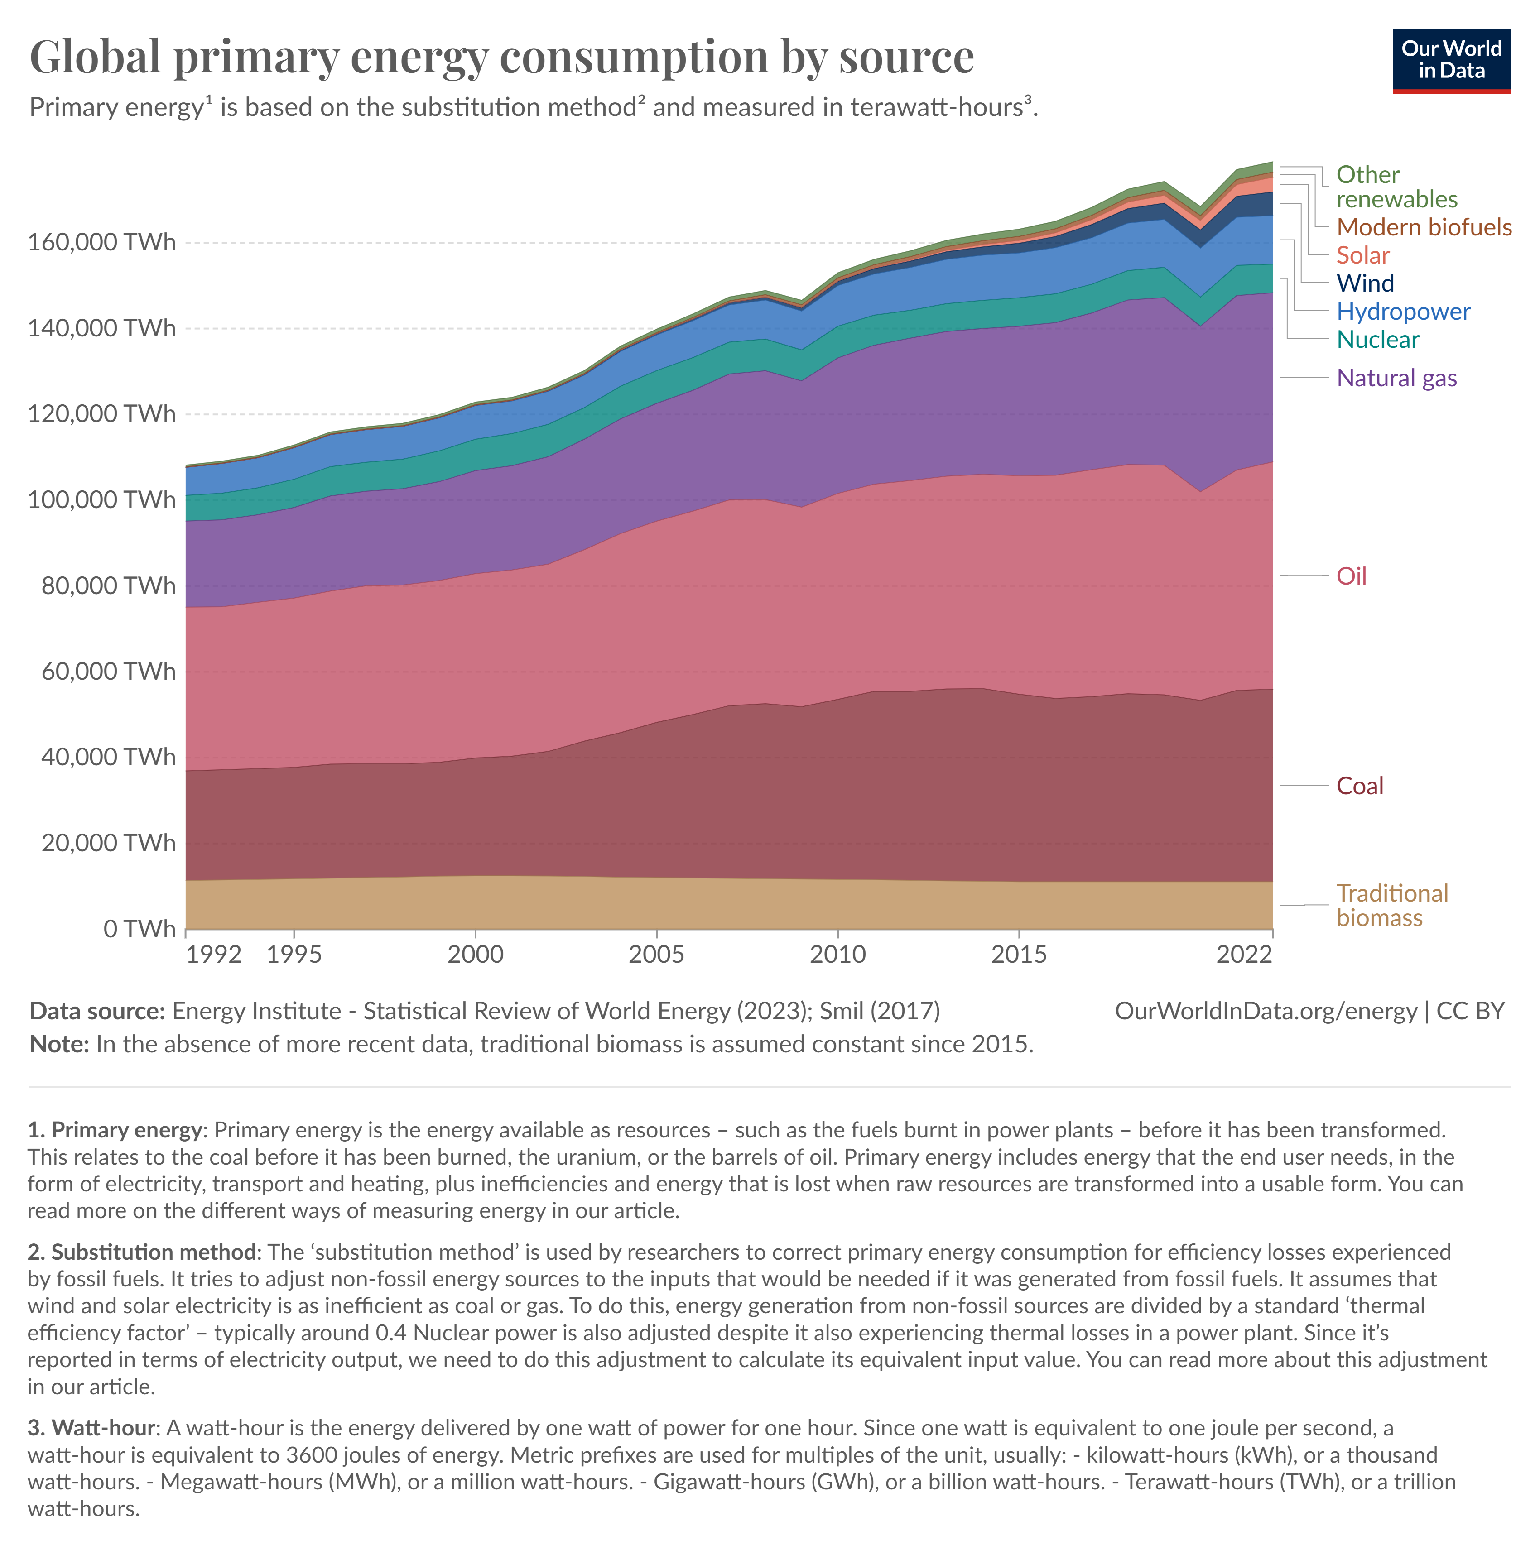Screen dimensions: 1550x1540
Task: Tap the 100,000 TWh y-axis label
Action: click(x=101, y=500)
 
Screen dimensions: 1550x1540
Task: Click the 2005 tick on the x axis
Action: click(x=656, y=954)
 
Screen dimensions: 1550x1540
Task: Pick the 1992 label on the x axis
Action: click(x=213, y=954)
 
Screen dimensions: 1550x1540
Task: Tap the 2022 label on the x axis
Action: click(x=1244, y=954)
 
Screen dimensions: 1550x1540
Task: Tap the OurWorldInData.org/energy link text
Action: click(x=1266, y=1011)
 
